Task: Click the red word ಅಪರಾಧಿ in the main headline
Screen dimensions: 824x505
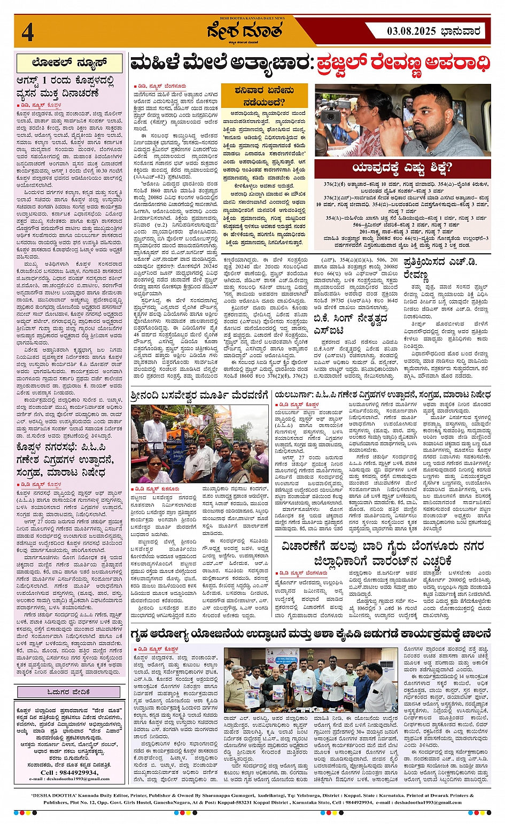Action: (456, 64)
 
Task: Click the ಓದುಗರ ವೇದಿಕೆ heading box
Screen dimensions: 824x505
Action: (69, 692)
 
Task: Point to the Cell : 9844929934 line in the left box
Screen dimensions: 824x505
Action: (69, 772)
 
